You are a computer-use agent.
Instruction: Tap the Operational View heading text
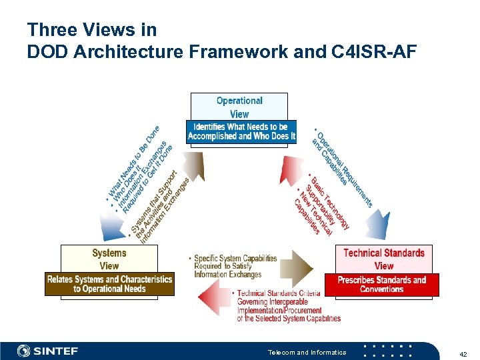pos(239,107)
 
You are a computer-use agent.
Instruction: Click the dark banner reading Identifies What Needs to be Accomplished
pos(241,131)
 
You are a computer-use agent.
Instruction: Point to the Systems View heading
pos(109,259)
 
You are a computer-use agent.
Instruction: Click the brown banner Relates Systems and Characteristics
pos(109,284)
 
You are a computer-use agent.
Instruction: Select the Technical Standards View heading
pos(383,259)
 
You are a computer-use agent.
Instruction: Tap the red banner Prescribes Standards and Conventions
pos(382,284)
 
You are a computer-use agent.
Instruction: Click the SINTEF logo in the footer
pos(48,351)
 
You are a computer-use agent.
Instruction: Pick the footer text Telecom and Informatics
pos(307,352)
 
